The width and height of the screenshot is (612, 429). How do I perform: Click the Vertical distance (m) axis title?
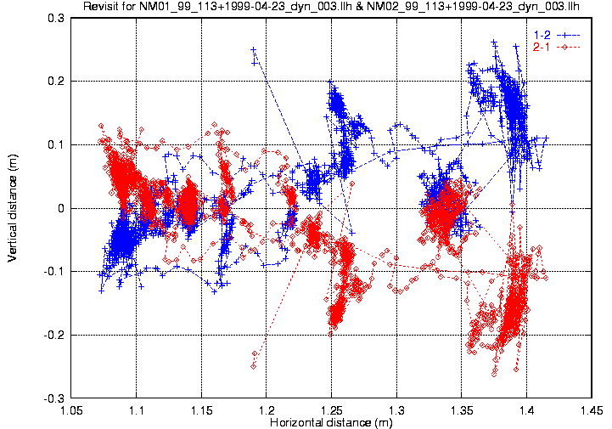click(x=13, y=207)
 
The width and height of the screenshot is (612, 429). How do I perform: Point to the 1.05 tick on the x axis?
click(x=72, y=410)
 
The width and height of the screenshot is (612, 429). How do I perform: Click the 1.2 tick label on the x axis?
click(x=267, y=410)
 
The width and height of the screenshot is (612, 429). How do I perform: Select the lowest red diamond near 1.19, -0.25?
click(x=253, y=366)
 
